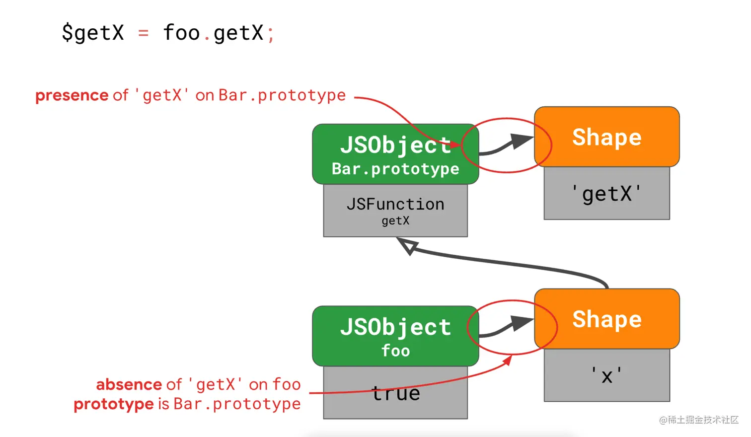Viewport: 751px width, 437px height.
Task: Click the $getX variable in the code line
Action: click(93, 33)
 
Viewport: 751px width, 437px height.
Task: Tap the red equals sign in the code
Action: click(143, 33)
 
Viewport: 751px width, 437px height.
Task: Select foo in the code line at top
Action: click(181, 32)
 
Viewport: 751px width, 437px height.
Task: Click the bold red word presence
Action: click(72, 95)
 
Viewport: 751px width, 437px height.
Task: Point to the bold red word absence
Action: click(129, 384)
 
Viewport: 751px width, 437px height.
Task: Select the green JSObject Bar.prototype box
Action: click(395, 154)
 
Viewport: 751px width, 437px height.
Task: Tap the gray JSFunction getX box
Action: click(395, 211)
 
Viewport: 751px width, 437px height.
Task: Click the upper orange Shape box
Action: click(607, 137)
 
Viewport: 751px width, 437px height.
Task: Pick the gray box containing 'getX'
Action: click(607, 193)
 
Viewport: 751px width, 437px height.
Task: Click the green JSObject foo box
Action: click(395, 336)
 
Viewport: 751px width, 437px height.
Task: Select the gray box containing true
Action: click(395, 392)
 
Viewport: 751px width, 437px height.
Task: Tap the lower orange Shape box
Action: click(607, 319)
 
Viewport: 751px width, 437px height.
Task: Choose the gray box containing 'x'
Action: click(607, 375)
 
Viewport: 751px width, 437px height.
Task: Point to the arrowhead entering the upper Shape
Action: click(522, 141)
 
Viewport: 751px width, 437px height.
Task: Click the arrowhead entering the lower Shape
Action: click(522, 323)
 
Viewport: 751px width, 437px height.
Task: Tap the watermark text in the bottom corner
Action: click(699, 420)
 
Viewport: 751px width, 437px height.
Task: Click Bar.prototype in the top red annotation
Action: click(282, 95)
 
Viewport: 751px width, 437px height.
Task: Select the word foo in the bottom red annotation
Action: click(286, 384)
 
